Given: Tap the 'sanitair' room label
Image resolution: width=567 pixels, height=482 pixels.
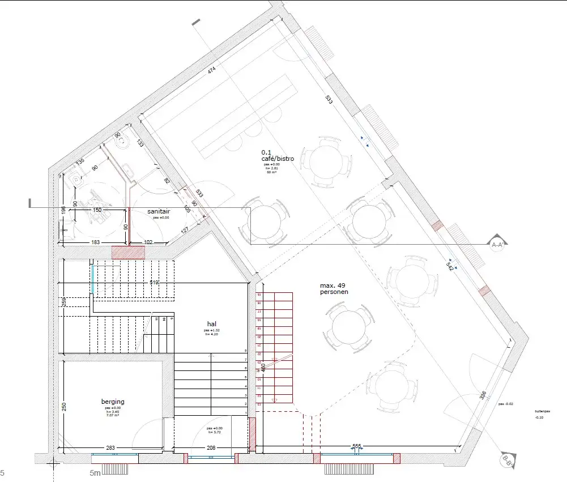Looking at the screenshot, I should [159, 211].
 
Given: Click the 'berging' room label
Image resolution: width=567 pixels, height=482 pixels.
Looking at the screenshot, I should [112, 401].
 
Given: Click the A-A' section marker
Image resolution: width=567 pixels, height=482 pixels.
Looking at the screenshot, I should [498, 244].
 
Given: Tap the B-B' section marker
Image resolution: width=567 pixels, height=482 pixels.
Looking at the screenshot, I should [508, 462].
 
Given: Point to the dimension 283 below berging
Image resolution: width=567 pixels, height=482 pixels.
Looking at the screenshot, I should [110, 448].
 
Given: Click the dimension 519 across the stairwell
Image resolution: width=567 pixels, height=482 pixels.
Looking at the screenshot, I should [154, 282].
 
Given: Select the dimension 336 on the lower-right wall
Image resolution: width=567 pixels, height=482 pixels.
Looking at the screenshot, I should [483, 395].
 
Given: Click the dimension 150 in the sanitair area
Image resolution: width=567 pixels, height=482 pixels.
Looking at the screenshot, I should [97, 210].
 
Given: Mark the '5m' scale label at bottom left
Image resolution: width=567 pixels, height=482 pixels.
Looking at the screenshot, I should [95, 472].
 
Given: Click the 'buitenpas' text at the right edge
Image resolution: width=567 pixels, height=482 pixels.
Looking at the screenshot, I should [542, 411].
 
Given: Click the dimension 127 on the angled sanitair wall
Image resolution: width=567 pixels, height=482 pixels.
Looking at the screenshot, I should [185, 231].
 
